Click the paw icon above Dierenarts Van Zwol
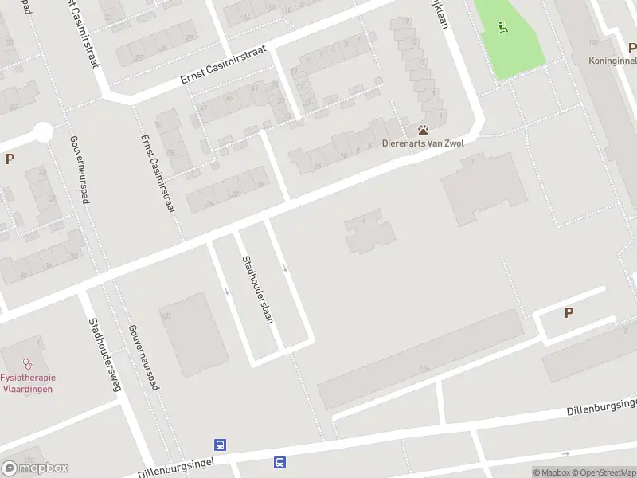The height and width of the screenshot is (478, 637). click(424, 130)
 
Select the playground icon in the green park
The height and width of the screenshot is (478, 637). click(502, 28)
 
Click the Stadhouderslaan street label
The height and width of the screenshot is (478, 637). click(258, 288)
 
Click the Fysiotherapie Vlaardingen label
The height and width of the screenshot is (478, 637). click(26, 382)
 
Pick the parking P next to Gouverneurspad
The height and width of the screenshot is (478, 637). click(10, 159)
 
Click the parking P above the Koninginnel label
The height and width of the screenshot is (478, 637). click(631, 47)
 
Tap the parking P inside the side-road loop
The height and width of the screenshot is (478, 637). click(569, 313)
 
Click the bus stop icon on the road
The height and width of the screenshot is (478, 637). click(279, 462)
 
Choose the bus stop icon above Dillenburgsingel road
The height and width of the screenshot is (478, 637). click(219, 445)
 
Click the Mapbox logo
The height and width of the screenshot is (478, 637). click(34, 468)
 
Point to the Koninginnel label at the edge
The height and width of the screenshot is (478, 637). click(612, 61)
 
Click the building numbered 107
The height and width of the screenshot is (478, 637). click(191, 335)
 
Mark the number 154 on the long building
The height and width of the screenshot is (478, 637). click(424, 367)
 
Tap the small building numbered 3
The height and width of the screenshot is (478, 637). click(369, 231)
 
